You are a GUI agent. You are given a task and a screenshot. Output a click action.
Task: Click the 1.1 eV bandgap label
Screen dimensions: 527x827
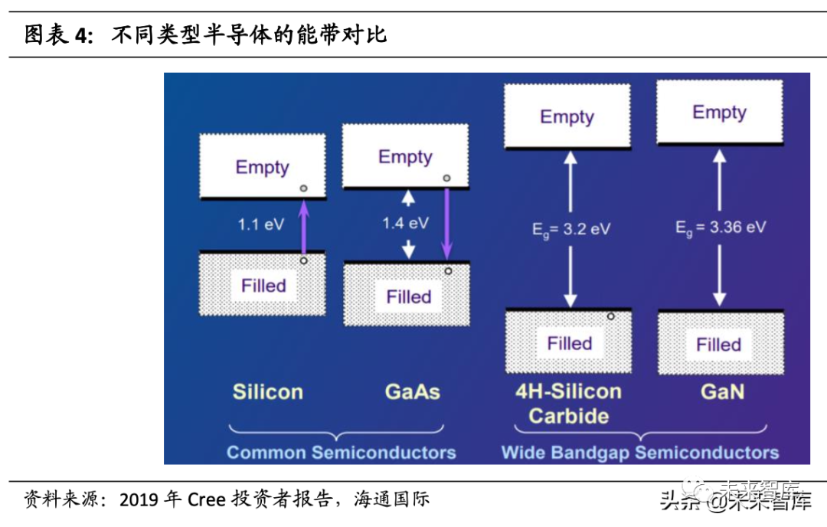[x=261, y=225]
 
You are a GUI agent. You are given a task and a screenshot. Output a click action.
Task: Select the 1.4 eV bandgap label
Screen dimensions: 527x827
[x=405, y=224]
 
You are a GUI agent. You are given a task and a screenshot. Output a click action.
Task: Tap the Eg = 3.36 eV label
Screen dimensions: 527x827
[x=720, y=227]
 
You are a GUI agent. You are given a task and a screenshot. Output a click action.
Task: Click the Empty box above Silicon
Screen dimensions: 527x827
[x=263, y=166]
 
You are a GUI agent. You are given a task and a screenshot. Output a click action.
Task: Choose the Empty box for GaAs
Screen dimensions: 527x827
[x=405, y=156]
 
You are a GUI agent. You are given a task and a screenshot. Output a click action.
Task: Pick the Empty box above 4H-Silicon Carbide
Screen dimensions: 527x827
[x=567, y=116]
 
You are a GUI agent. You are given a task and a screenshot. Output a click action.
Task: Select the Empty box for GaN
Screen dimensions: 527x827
[x=719, y=113]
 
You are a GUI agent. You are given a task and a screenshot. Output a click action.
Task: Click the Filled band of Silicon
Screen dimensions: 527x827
[x=263, y=286]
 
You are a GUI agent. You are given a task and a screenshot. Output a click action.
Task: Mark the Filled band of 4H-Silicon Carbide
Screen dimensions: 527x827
[x=568, y=343]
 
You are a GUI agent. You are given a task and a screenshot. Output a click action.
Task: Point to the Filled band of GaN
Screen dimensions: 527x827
[x=719, y=344]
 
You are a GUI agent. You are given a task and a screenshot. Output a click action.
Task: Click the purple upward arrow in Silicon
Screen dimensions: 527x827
[x=303, y=227]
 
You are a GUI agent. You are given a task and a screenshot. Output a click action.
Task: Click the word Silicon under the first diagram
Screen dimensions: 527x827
[x=267, y=392]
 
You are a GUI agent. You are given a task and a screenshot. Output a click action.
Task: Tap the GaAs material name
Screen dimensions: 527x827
[x=412, y=392]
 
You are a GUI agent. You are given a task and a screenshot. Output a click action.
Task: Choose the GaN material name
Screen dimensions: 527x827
[x=721, y=392]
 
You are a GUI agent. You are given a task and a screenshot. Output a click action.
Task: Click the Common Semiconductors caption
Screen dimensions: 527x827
[x=341, y=452]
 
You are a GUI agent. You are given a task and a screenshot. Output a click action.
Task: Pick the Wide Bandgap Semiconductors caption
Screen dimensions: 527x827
[x=639, y=452]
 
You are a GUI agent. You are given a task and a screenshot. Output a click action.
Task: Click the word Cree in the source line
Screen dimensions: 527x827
[x=206, y=500]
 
